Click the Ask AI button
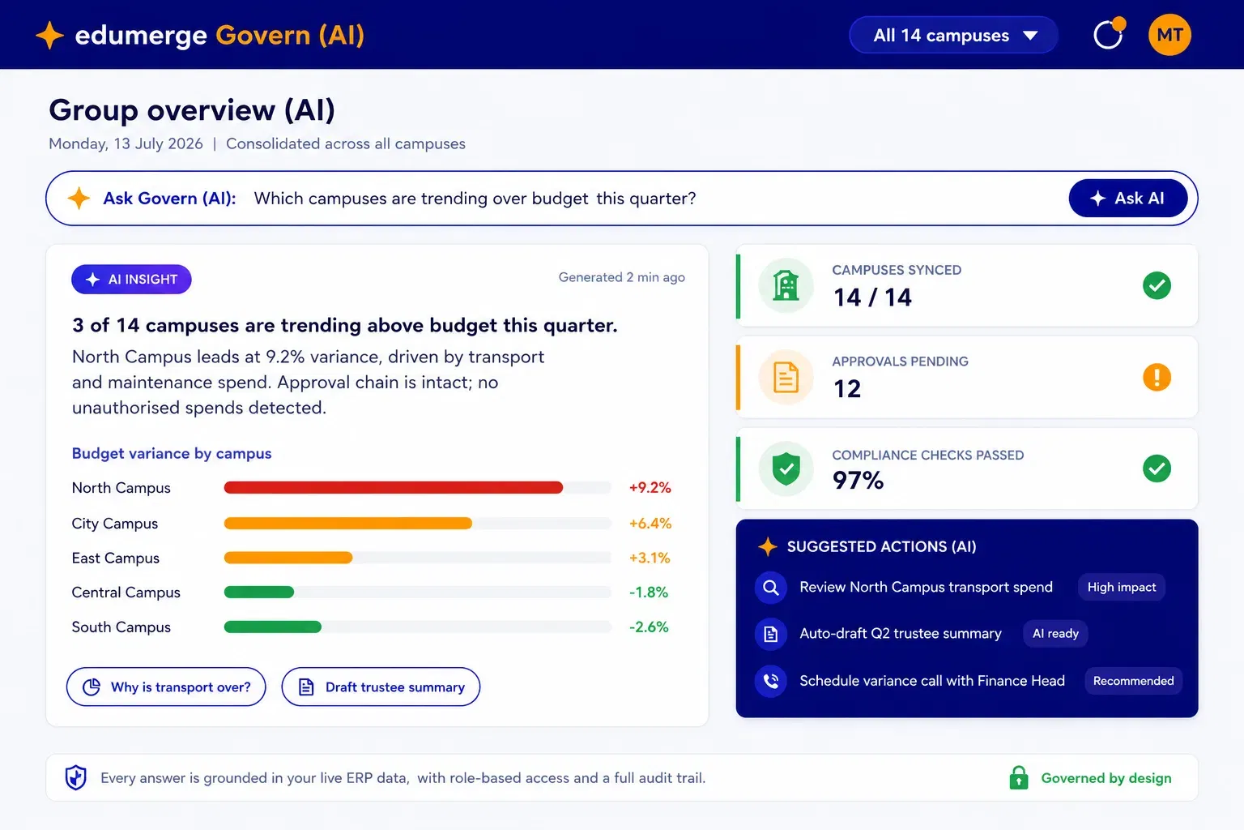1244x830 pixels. pyautogui.click(x=1128, y=198)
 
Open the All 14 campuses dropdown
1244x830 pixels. pyautogui.click(x=953, y=35)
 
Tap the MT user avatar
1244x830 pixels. pyautogui.click(x=1169, y=35)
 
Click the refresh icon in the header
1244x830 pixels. pyautogui.click(x=1109, y=34)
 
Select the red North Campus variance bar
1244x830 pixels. pyautogui.click(x=393, y=488)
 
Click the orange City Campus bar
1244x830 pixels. pyautogui.click(x=348, y=523)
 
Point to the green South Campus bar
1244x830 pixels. pyautogui.click(x=273, y=627)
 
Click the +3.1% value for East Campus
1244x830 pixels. pyautogui.click(x=650, y=558)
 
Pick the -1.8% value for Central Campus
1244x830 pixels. pyautogui.click(x=648, y=592)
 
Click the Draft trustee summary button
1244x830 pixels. pyautogui.click(x=381, y=687)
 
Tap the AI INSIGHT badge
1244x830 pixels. pyautogui.click(x=132, y=279)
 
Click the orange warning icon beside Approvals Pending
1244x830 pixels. pyautogui.click(x=1157, y=378)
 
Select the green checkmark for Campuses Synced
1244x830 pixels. pyautogui.click(x=1157, y=286)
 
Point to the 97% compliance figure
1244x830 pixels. pyautogui.click(x=858, y=481)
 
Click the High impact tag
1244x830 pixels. pyautogui.click(x=1121, y=587)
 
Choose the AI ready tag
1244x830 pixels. pyautogui.click(x=1055, y=634)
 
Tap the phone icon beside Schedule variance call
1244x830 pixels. pyautogui.click(x=771, y=681)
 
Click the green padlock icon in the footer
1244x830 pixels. pyautogui.click(x=1019, y=778)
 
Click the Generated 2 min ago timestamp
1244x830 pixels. pyautogui.click(x=621, y=277)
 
